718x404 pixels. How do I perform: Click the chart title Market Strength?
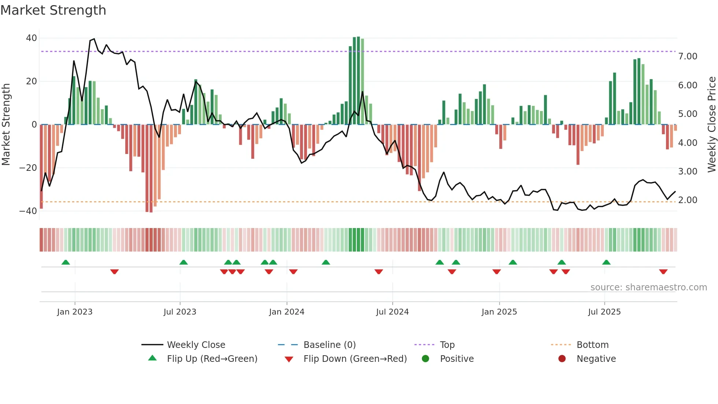(x=53, y=10)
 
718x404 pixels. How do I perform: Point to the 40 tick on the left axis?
(x=32, y=38)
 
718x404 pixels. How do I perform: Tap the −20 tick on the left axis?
(x=28, y=168)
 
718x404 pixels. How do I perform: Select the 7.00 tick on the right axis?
(x=687, y=56)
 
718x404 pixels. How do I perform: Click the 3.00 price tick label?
(x=687, y=172)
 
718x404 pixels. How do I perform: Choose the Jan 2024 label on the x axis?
(x=286, y=312)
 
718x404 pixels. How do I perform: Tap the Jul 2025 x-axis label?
(x=604, y=312)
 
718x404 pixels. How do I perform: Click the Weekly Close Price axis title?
(x=711, y=125)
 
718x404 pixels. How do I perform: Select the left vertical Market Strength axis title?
(x=6, y=125)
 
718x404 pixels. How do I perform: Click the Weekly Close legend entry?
(x=196, y=345)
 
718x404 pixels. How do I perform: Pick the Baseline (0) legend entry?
(x=329, y=345)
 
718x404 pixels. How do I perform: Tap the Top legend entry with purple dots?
(x=447, y=345)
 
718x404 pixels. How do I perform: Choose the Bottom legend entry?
(x=592, y=345)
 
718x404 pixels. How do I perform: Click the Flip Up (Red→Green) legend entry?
(x=212, y=359)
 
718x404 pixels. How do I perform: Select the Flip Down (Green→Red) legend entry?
(x=355, y=359)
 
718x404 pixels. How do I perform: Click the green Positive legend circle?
(x=425, y=359)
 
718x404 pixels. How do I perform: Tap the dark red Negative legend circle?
(x=562, y=359)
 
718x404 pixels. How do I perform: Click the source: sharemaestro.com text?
(x=648, y=287)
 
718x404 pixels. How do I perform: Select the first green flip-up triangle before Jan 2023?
(x=66, y=262)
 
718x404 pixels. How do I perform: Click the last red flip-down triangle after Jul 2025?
(x=663, y=272)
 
